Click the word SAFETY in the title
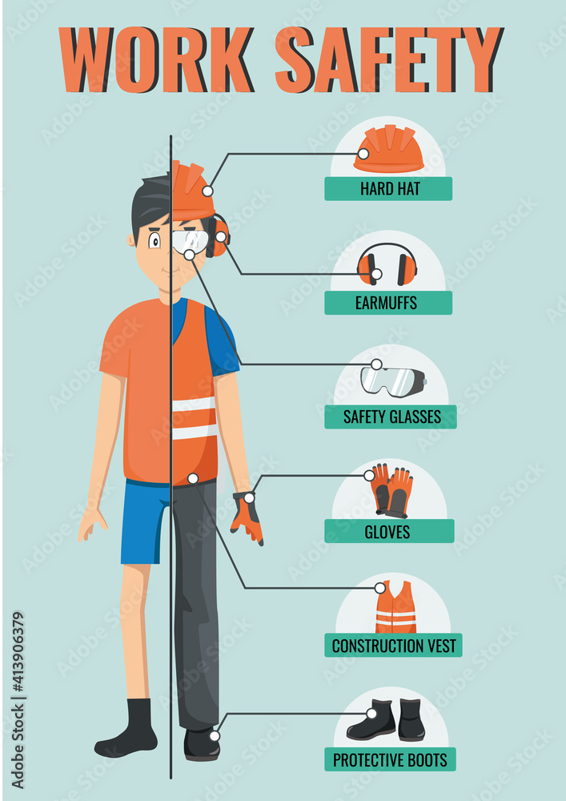pos(389,59)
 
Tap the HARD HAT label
pos(388,189)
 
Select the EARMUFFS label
pos(388,303)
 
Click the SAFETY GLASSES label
pos(391,417)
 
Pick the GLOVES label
pos(388,531)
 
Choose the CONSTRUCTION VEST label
pos(393,646)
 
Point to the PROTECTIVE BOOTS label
pos(391,759)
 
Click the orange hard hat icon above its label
pos(388,150)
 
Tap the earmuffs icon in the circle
pos(387,264)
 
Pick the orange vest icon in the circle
pos(395,607)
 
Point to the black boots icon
pos(386,720)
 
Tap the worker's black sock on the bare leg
pos(130,727)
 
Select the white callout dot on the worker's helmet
pos(207,191)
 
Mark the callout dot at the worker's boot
pos(214,735)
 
